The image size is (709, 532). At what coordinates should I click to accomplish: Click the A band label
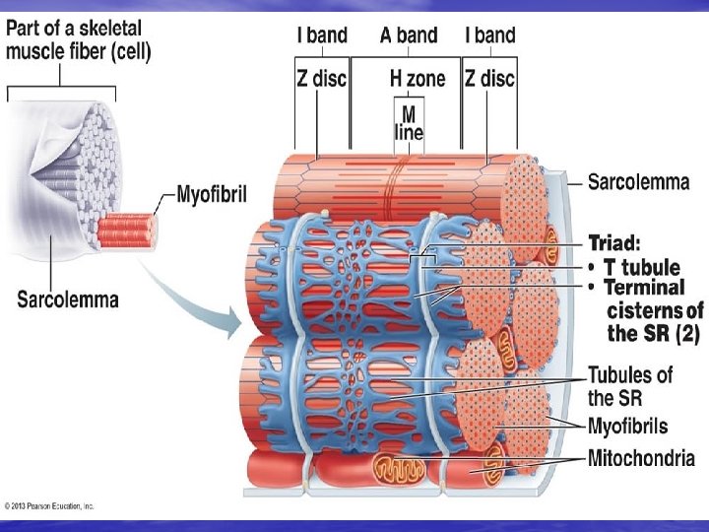point(409,35)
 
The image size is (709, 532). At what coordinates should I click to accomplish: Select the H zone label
point(418,78)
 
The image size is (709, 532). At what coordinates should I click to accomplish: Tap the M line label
point(408,122)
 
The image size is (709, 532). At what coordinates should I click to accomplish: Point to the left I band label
point(322,35)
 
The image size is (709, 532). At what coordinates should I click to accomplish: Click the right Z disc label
point(490,78)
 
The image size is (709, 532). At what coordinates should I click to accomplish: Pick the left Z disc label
point(322,78)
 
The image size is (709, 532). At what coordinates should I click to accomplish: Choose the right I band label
point(490,35)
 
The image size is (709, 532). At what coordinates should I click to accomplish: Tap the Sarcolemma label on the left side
point(68,297)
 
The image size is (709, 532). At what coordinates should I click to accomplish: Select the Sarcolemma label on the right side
point(638,181)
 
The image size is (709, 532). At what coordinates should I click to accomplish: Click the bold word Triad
point(616,241)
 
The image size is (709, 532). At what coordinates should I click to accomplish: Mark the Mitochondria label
point(642,458)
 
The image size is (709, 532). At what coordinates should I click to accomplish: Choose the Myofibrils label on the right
point(627,427)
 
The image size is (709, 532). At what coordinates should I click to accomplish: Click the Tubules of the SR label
point(630,386)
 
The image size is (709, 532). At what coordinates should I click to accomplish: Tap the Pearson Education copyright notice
point(49,505)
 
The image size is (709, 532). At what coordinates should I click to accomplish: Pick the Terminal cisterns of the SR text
point(650,310)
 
